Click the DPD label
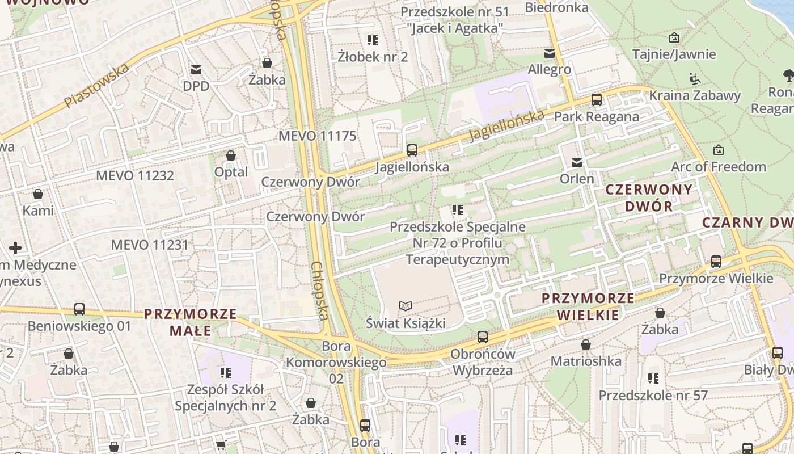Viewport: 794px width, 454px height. coord(196,86)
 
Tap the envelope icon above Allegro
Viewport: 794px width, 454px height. coord(549,53)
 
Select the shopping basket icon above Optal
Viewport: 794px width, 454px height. coord(231,155)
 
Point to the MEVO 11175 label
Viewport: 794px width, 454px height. coord(317,136)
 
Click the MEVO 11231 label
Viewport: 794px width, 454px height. coord(150,245)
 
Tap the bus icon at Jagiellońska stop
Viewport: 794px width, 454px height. coord(412,150)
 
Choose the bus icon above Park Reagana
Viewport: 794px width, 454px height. coord(596,100)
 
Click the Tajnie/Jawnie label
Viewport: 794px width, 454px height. coord(674,54)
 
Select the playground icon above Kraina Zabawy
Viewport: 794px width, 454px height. coord(695,78)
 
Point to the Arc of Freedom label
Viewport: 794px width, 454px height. coord(718,167)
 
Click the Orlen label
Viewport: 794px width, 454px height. coord(577,179)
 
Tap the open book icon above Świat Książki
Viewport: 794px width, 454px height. coord(405,306)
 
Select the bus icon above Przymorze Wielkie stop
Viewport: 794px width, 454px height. coord(716,262)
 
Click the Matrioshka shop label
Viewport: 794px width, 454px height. coord(586,361)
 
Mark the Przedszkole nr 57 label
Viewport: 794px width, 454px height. coord(653,395)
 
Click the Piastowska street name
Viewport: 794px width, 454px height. coord(96,86)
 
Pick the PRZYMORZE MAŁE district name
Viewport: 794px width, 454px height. coord(190,322)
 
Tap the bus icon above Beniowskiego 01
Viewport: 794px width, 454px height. coord(79,309)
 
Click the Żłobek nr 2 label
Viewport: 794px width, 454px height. coord(373,57)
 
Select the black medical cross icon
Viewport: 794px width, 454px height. coord(15,248)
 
